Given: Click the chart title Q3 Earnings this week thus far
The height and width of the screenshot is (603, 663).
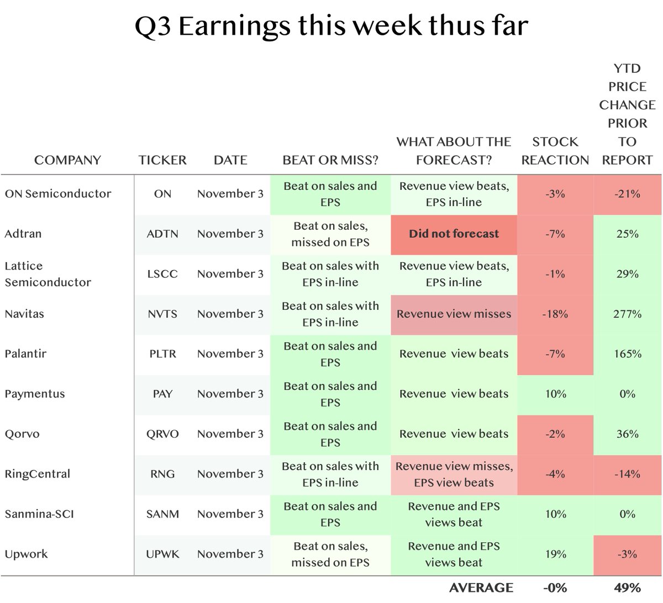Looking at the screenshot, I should click(331, 26).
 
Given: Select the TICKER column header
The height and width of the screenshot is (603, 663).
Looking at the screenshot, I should click(162, 160).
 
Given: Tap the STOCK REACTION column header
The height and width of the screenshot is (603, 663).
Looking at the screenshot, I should click(555, 151).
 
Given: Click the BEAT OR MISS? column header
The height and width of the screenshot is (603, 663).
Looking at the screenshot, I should click(330, 160).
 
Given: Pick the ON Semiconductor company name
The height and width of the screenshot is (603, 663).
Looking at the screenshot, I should click(58, 194).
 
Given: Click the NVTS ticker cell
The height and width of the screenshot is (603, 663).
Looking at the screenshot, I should click(162, 314).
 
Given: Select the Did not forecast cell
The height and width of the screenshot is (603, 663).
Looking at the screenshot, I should click(454, 234).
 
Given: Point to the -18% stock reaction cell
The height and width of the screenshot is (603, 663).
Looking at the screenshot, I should click(555, 314).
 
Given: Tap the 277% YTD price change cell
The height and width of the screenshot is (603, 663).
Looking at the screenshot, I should click(627, 314).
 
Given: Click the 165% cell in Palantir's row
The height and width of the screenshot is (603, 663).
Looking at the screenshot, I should click(627, 354).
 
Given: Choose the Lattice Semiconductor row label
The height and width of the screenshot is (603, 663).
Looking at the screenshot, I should click(48, 274).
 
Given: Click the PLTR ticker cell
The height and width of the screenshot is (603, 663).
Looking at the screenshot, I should click(162, 354).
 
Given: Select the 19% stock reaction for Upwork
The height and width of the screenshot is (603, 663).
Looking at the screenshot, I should click(555, 554).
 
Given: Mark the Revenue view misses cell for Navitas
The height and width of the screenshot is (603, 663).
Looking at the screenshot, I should click(454, 314).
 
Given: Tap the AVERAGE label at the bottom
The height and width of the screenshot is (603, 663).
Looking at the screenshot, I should click(481, 588).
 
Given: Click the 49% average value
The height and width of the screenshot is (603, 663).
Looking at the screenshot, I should click(627, 588).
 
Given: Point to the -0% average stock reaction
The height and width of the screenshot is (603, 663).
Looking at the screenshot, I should click(555, 588).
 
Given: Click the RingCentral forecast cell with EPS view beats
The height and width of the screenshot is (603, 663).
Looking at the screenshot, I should click(454, 474).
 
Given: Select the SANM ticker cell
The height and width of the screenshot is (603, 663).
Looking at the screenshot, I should click(162, 514).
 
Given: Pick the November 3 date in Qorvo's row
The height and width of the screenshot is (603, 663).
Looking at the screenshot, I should click(230, 434).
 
